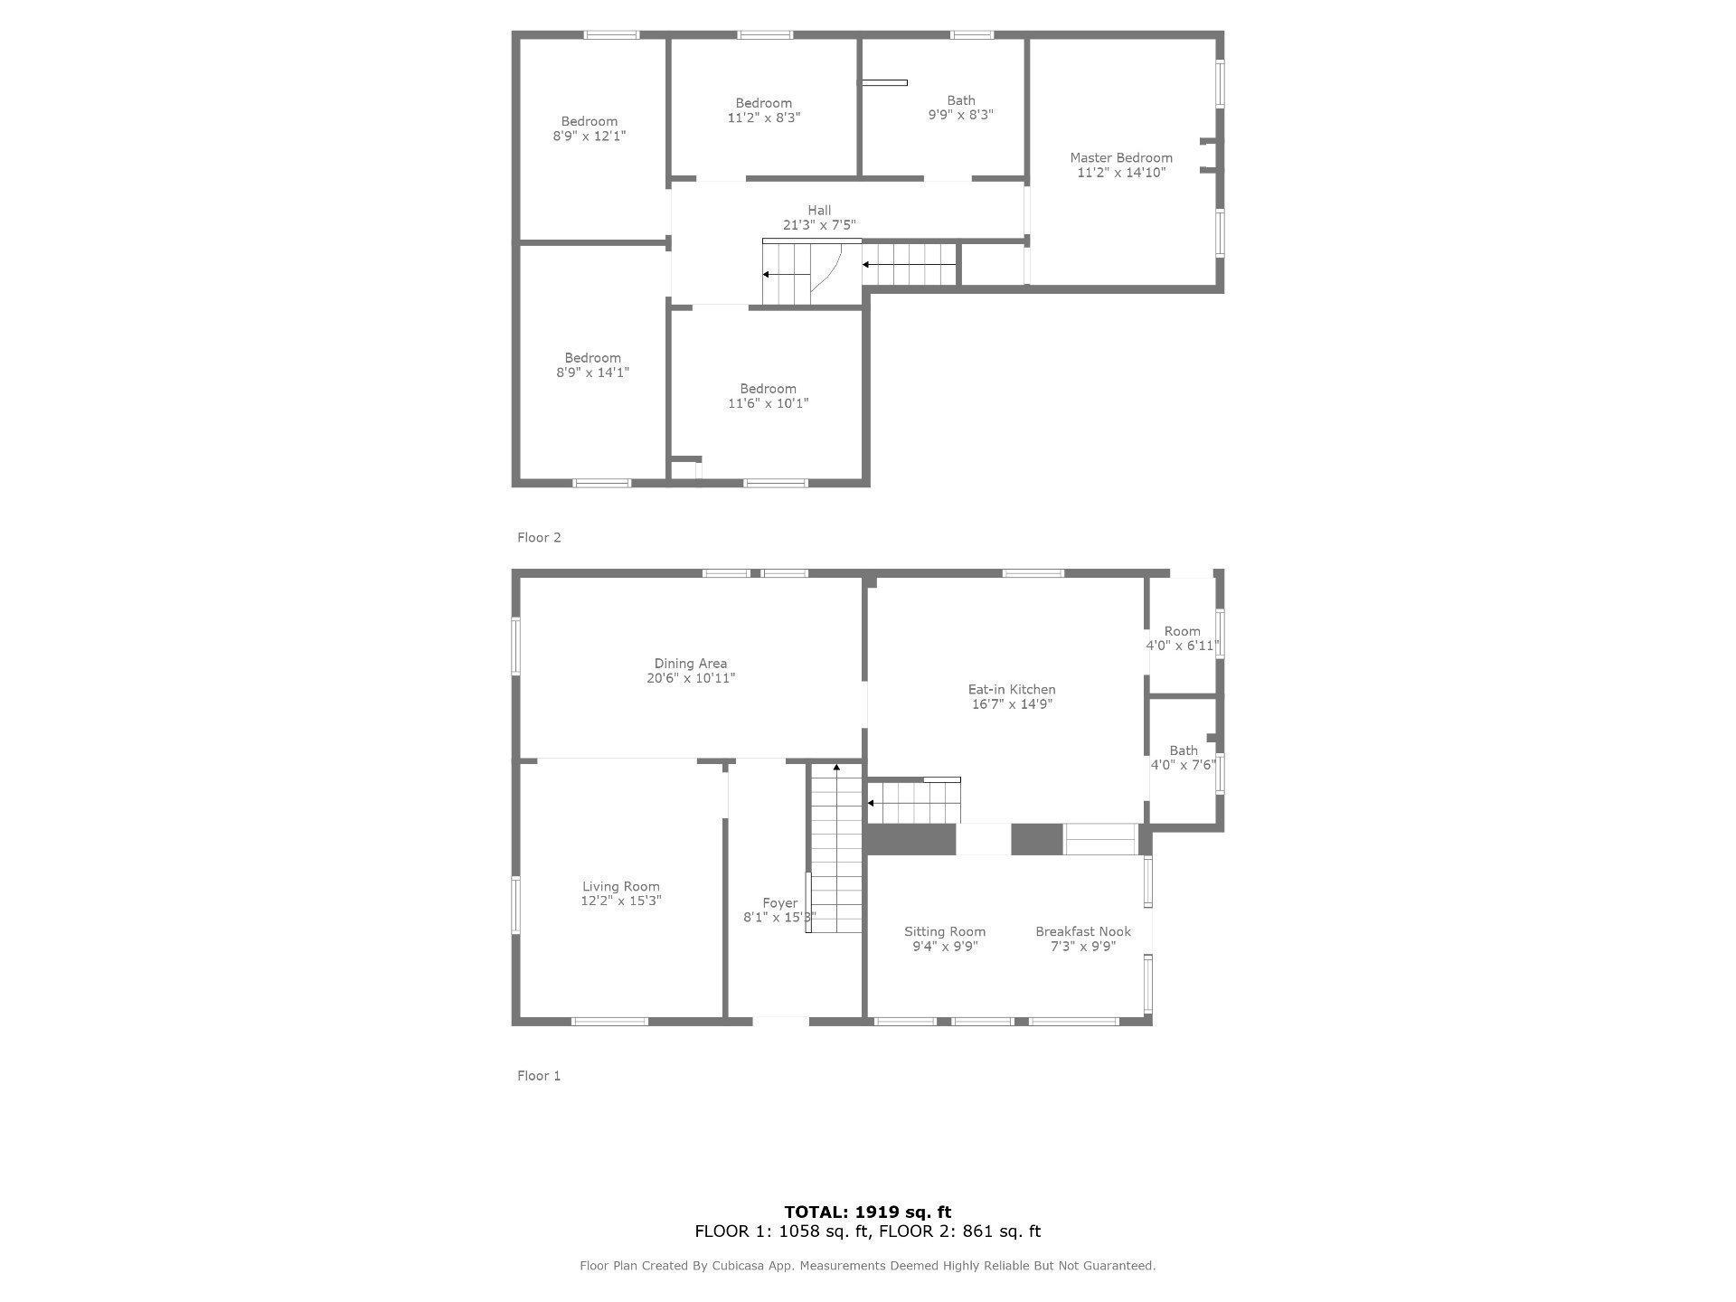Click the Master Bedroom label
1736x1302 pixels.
tap(1121, 158)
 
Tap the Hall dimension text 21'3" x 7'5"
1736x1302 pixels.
tap(819, 225)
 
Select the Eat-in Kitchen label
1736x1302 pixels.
tap(1012, 690)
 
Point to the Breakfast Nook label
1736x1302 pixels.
tap(1083, 932)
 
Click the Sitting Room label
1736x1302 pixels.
tap(945, 932)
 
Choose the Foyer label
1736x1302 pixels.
tap(780, 903)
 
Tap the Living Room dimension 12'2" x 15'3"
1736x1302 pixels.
tap(621, 901)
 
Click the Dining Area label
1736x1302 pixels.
tap(691, 664)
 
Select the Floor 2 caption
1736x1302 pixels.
tap(539, 538)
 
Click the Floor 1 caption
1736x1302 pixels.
tap(539, 1076)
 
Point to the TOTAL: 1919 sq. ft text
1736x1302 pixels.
tap(868, 1212)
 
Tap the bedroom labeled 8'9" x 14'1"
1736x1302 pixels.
tap(593, 365)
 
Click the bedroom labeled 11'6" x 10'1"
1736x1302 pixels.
tap(769, 396)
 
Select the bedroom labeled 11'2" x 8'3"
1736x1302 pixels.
tap(764, 110)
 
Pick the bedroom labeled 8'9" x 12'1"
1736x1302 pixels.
tap(590, 128)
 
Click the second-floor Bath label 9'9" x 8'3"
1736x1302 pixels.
tap(961, 108)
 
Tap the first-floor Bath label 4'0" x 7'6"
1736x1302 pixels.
tap(1184, 758)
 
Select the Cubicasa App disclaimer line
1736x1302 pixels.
tap(868, 1266)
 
